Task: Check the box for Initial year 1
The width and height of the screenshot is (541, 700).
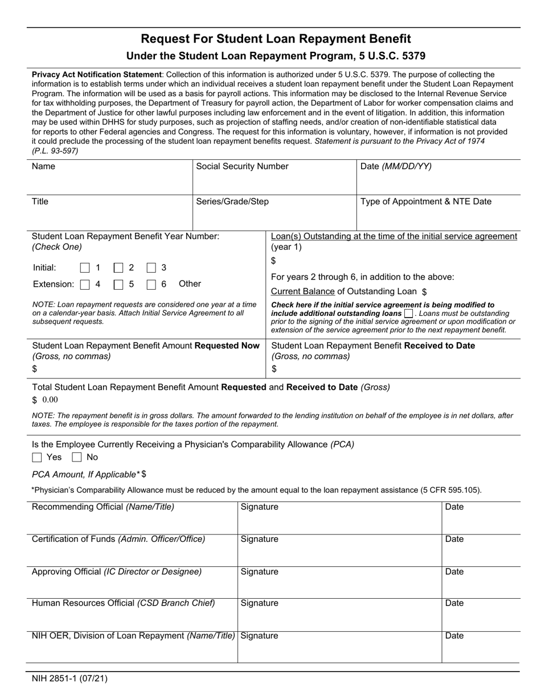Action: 85,268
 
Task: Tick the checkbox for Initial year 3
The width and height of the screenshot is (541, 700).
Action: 151,268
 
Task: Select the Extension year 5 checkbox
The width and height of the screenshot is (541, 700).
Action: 118,285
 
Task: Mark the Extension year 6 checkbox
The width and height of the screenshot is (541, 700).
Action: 151,285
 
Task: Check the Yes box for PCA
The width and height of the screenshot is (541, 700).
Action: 38,458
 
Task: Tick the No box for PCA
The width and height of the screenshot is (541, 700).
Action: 77,458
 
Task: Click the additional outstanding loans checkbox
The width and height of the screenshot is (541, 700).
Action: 408,314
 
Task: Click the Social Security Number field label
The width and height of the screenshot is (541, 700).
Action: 242,167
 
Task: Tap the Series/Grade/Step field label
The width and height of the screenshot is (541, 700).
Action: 232,201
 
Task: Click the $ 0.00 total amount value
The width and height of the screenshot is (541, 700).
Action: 45,400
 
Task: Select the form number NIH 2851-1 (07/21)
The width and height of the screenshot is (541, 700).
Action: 69,678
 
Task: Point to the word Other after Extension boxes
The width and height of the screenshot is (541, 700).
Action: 190,284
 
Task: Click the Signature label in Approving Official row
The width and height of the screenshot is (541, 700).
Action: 259,572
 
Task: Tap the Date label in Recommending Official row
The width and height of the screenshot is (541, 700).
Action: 454,507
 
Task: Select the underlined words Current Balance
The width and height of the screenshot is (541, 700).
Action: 302,291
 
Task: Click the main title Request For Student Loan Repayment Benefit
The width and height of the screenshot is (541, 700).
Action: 276,39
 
